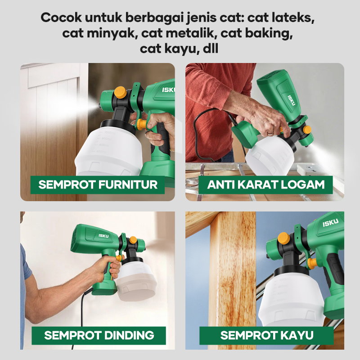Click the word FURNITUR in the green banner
[x=128, y=184]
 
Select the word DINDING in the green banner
[x=129, y=335]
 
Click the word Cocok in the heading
[x=61, y=18]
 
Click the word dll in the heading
[x=211, y=49]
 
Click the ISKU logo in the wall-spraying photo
[x=103, y=236]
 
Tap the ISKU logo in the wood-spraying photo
[x=330, y=222]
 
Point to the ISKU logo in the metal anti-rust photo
[x=291, y=100]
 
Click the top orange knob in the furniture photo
[x=120, y=92]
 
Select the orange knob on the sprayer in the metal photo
[x=307, y=130]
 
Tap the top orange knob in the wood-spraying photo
[x=284, y=238]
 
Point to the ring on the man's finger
[x=271, y=133]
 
